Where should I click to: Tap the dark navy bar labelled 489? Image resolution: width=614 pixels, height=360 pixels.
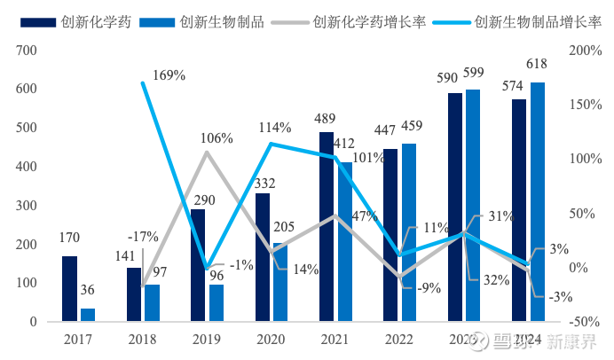327,226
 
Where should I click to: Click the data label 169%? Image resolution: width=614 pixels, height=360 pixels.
169,75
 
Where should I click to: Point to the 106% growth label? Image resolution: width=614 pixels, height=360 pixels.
216,138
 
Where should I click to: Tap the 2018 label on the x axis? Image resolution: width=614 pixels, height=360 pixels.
142,338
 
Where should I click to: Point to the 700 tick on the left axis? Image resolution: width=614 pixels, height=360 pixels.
25,51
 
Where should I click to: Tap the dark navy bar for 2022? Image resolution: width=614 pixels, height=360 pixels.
391,235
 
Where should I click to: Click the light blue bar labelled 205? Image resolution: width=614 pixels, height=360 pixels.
279,282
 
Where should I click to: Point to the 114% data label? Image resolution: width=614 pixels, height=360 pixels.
276,128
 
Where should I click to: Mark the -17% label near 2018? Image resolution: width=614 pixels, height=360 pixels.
143,237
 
